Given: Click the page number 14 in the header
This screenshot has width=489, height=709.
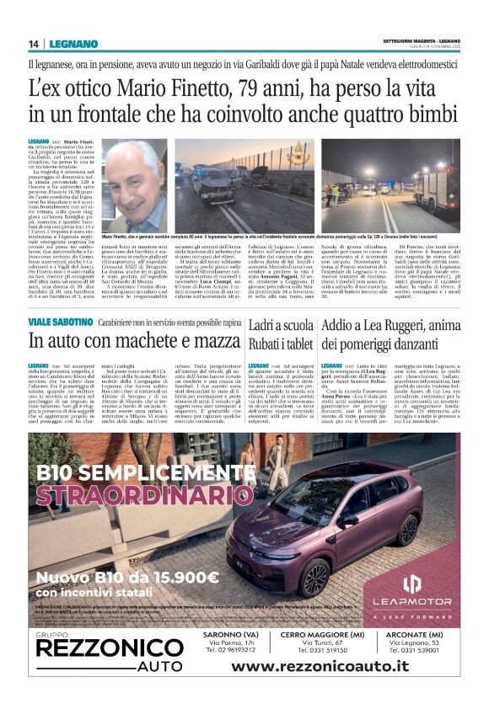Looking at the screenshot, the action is (34, 44).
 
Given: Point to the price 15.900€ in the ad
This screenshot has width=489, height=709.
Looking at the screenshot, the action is (176, 577).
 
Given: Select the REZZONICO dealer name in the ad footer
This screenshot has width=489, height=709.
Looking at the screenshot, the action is (99, 670).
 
